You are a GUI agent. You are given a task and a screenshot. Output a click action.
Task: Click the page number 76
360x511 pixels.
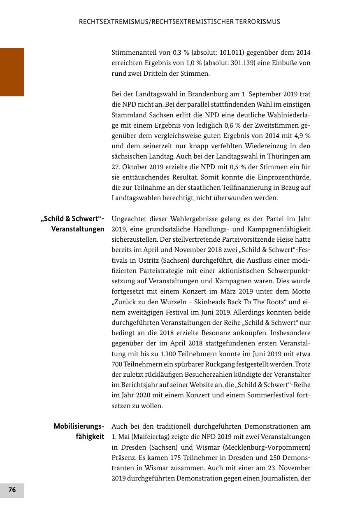click(12, 490)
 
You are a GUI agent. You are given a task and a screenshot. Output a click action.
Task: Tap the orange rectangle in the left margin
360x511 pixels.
click(12, 72)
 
